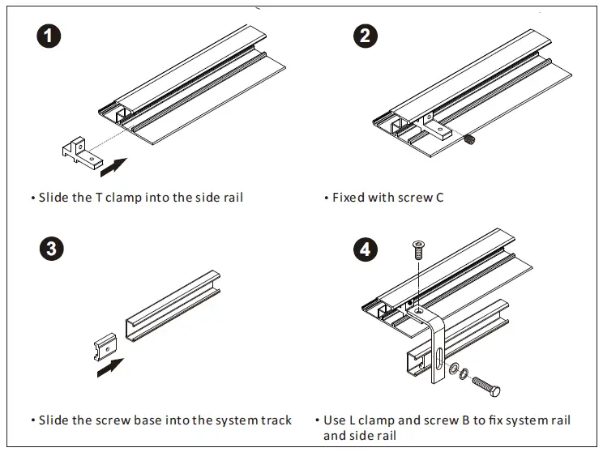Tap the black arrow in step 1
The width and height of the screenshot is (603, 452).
tap(114, 168)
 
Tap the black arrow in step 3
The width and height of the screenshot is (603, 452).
tap(110, 369)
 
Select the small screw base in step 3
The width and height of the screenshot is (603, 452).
tap(102, 348)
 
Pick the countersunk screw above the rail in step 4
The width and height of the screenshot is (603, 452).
tap(419, 249)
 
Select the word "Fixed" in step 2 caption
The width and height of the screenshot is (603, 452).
tap(349, 198)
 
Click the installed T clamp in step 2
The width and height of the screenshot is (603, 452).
tap(437, 129)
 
